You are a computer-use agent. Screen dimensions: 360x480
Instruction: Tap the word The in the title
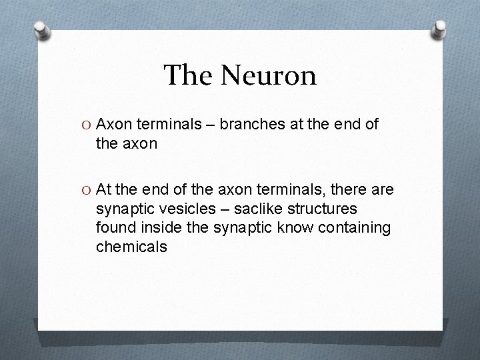click(190, 75)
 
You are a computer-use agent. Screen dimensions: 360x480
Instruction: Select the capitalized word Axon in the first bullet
click(113, 123)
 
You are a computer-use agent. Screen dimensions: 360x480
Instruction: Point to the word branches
click(247, 123)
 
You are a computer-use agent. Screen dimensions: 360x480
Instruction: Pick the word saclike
click(261, 209)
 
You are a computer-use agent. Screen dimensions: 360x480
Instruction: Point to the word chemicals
click(131, 247)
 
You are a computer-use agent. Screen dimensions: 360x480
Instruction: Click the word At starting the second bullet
click(105, 191)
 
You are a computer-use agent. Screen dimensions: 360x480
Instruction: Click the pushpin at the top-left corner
click(41, 29)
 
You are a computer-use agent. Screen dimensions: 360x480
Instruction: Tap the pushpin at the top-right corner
click(439, 29)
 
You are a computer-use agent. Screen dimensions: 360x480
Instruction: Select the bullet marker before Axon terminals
click(88, 124)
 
